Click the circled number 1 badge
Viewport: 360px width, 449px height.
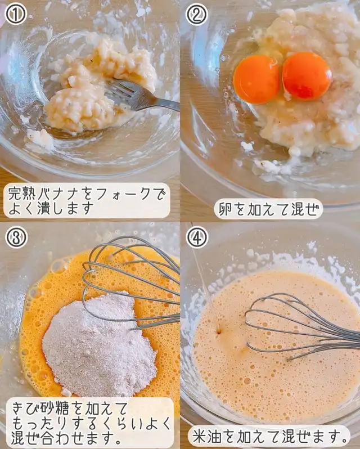(16, 14)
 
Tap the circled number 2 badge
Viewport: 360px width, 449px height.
(197, 14)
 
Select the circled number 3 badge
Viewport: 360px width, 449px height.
(16, 237)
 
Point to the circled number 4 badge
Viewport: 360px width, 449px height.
(197, 237)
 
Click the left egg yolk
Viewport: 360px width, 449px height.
(256, 79)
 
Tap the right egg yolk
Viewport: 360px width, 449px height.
(307, 76)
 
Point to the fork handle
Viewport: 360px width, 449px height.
(160, 103)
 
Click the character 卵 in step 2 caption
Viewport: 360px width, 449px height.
(226, 209)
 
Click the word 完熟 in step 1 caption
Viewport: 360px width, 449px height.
(22, 195)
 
